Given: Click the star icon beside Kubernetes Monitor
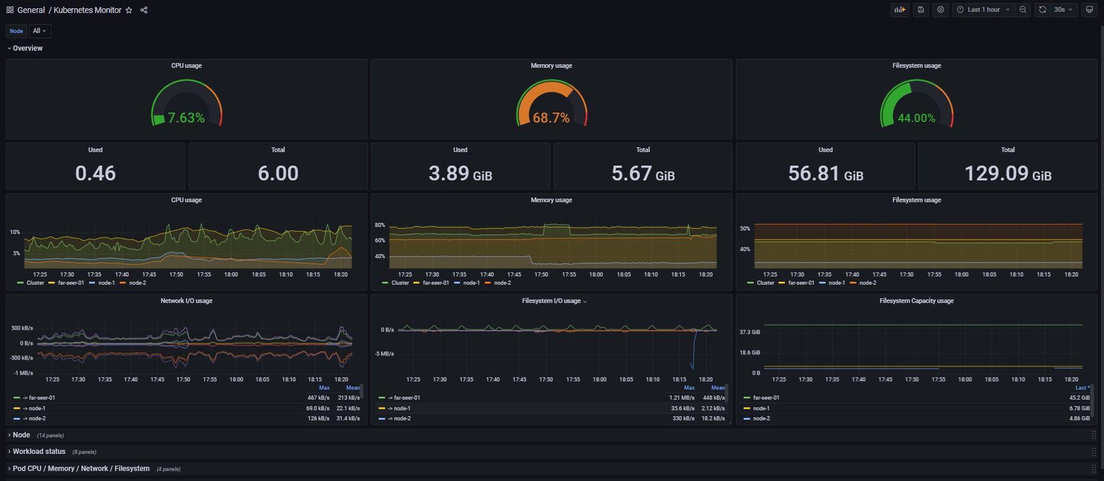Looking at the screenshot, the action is pyautogui.click(x=129, y=10).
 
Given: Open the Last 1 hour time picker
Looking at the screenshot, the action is pyautogui.click(x=983, y=9).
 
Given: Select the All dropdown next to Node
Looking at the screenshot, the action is pyautogui.click(x=40, y=31).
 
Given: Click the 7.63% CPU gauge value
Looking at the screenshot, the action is pyautogui.click(x=186, y=118).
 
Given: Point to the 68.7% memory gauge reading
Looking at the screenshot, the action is pyautogui.click(x=551, y=118).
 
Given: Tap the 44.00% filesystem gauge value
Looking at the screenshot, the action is pyautogui.click(x=916, y=118).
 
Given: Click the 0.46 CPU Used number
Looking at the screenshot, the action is pyautogui.click(x=96, y=173).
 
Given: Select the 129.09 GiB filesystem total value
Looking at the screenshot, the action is pyautogui.click(x=1008, y=174).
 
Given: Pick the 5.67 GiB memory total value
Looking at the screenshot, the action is pyautogui.click(x=643, y=174).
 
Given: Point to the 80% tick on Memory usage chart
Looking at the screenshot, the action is pyautogui.click(x=380, y=225).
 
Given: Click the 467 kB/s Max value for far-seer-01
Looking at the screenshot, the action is pyautogui.click(x=318, y=398).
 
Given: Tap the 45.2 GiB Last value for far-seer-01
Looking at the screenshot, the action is pyautogui.click(x=1080, y=398).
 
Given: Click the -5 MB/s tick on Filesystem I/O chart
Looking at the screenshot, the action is pyautogui.click(x=385, y=354).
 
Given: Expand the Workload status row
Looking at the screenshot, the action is pyautogui.click(x=39, y=452).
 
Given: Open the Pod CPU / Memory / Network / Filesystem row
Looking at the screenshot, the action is pyautogui.click(x=81, y=469).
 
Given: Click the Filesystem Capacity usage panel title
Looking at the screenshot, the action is pyautogui.click(x=916, y=301).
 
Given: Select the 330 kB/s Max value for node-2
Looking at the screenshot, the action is pyautogui.click(x=684, y=419).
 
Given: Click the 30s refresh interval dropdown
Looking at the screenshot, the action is pyautogui.click(x=1063, y=9).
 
